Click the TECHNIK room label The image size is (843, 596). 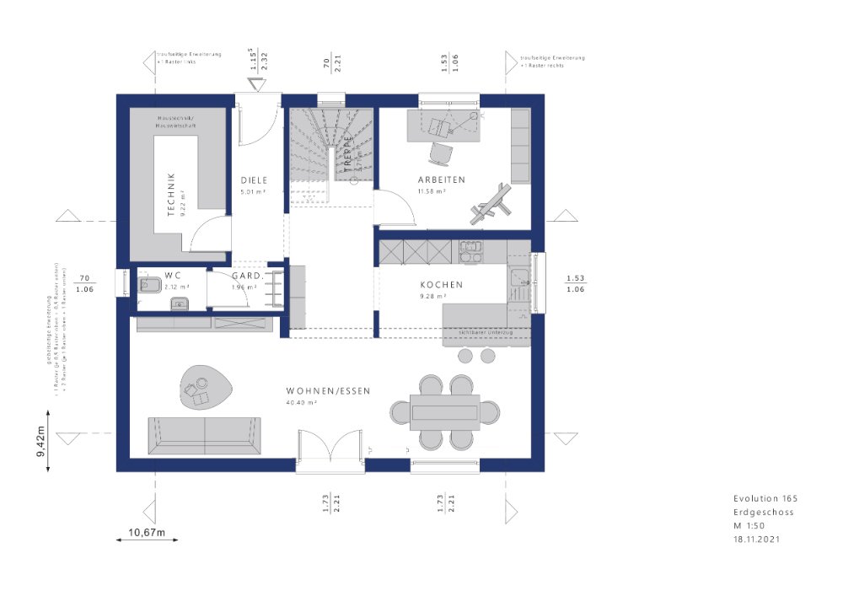tap(170, 195)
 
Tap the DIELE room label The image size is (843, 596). tap(254, 180)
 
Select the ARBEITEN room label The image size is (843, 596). tap(441, 180)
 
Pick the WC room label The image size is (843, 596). tap(174, 275)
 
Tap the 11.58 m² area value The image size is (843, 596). tap(432, 191)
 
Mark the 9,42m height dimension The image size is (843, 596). tap(40, 441)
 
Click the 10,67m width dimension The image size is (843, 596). tap(146, 533)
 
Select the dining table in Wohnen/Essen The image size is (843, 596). tap(445, 411)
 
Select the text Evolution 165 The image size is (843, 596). tap(765, 499)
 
